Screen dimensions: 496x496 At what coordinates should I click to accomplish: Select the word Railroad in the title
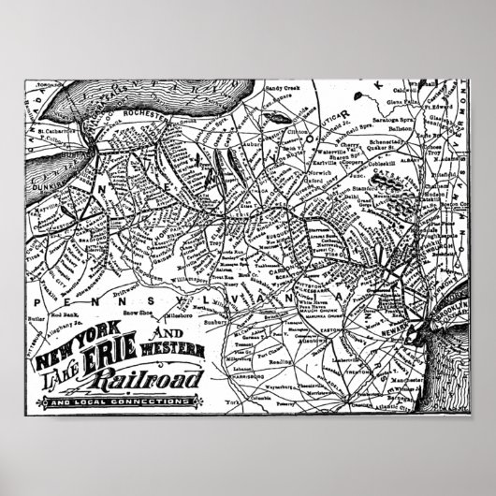[x=160, y=380]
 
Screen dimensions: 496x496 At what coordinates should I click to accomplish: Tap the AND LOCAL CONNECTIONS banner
[x=113, y=402]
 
